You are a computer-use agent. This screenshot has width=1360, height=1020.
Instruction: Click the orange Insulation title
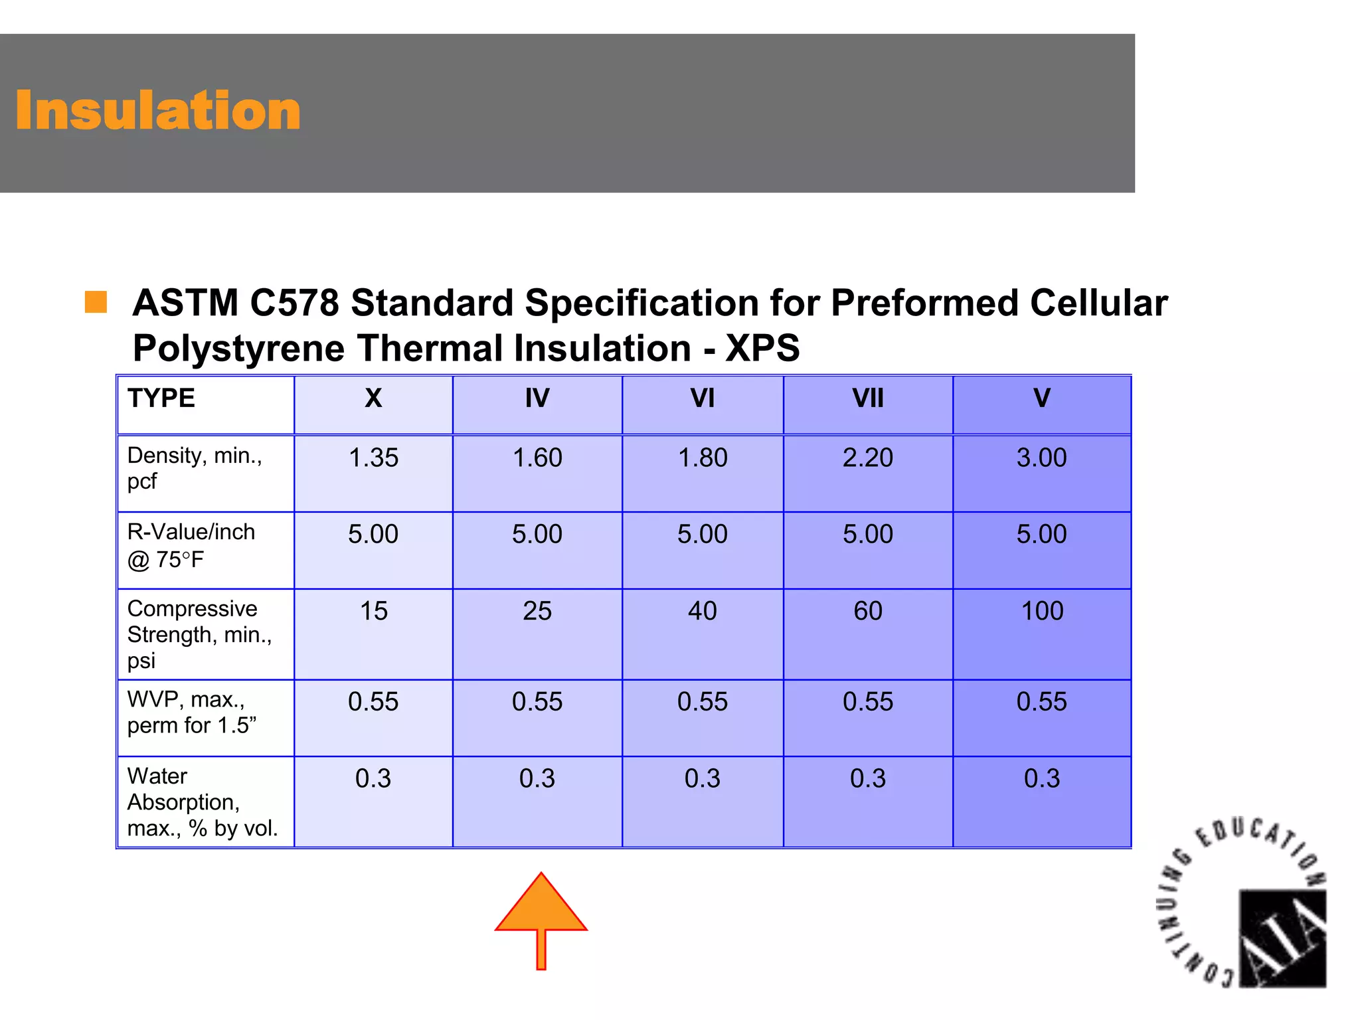tap(158, 110)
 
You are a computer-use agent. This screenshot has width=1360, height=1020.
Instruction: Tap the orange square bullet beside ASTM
tap(96, 302)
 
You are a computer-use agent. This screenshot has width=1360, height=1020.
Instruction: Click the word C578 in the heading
tap(294, 303)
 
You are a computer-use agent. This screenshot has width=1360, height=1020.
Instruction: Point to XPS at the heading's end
tap(762, 348)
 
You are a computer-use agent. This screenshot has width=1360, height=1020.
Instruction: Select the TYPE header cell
tap(161, 398)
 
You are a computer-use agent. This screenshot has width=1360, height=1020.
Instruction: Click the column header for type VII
tap(868, 398)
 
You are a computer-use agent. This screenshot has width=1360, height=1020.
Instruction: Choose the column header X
tap(373, 398)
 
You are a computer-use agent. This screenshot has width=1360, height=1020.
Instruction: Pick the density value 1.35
tap(373, 458)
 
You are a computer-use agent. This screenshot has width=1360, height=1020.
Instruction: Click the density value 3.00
tap(1041, 458)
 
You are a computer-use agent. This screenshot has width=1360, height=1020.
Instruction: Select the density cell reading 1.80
tap(702, 458)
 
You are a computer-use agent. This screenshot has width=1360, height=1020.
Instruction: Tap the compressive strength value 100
tap(1041, 611)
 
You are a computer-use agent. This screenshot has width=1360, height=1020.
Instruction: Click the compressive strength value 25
tap(537, 611)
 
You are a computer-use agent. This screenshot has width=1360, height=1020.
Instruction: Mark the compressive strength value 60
tap(868, 611)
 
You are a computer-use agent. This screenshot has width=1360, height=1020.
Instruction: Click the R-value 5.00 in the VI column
tap(702, 534)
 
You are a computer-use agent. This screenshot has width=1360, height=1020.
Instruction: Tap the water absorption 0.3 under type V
tap(1041, 778)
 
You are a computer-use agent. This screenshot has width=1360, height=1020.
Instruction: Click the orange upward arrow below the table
tap(541, 916)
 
